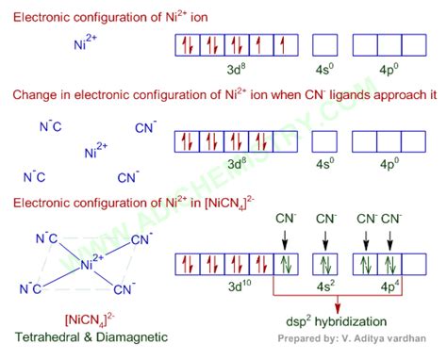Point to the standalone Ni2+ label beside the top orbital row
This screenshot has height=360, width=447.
(88, 44)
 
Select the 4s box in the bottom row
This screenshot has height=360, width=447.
(325, 264)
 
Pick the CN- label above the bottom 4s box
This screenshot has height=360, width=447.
(326, 220)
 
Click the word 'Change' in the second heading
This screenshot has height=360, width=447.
(35, 96)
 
